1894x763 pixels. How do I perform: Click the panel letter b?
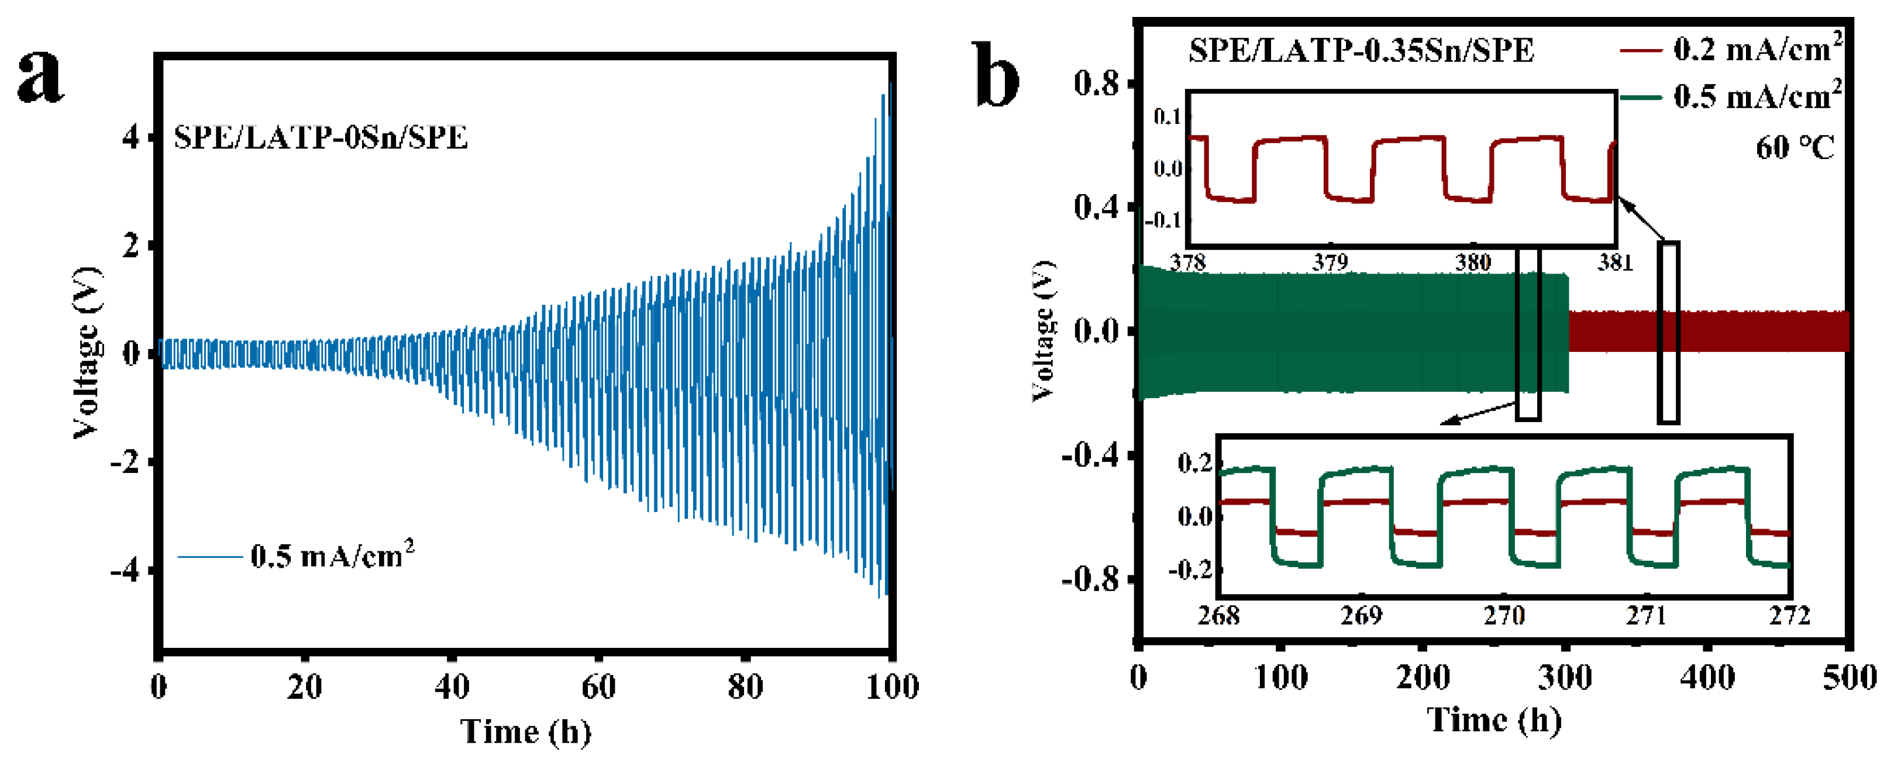[x=998, y=75]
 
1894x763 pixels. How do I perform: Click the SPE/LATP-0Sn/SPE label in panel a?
[x=321, y=137]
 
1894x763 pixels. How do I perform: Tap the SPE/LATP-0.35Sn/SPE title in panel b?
[x=1361, y=51]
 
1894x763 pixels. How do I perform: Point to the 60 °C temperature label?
[x=1795, y=148]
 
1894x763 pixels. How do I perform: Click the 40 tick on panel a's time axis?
[x=452, y=688]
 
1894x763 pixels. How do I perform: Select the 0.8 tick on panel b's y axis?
[x=1096, y=83]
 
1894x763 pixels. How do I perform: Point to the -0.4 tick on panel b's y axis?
[x=1090, y=455]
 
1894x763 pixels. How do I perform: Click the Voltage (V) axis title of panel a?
[x=87, y=353]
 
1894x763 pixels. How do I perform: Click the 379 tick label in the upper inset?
[x=1331, y=263]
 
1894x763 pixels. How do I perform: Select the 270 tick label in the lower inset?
[x=1504, y=615]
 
